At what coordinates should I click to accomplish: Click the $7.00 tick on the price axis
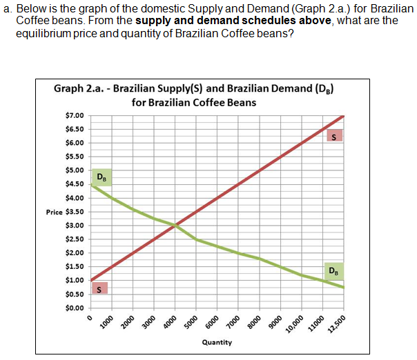pyautogui.click(x=75, y=115)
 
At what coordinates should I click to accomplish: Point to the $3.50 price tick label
pyautogui.click(x=75, y=212)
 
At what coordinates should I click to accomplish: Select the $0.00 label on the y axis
pyautogui.click(x=75, y=308)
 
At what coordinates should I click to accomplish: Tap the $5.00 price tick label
pyautogui.click(x=75, y=170)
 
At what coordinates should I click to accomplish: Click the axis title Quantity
pyautogui.click(x=217, y=342)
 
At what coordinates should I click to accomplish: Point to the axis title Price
pyautogui.click(x=55, y=212)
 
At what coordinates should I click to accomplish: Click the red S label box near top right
pyautogui.click(x=334, y=136)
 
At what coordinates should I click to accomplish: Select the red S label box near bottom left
pyautogui.click(x=101, y=288)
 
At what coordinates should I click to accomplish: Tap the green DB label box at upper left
pyautogui.click(x=101, y=178)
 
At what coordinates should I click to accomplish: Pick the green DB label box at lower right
pyautogui.click(x=334, y=270)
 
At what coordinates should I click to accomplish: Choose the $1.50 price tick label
pyautogui.click(x=75, y=267)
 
